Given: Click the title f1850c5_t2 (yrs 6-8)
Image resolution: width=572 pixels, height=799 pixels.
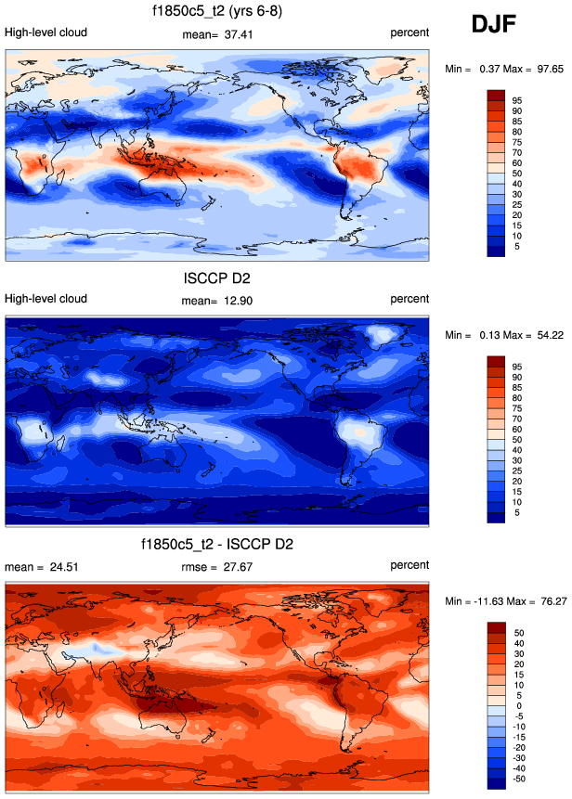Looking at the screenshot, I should (x=217, y=12).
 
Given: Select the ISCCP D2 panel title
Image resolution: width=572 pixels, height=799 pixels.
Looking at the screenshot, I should (x=217, y=277).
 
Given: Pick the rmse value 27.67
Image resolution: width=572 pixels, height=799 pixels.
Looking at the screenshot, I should (x=242, y=566).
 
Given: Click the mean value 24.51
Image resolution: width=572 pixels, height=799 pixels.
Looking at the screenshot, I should (x=67, y=566).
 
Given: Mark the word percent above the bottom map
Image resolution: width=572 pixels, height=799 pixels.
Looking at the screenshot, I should (x=409, y=565).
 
